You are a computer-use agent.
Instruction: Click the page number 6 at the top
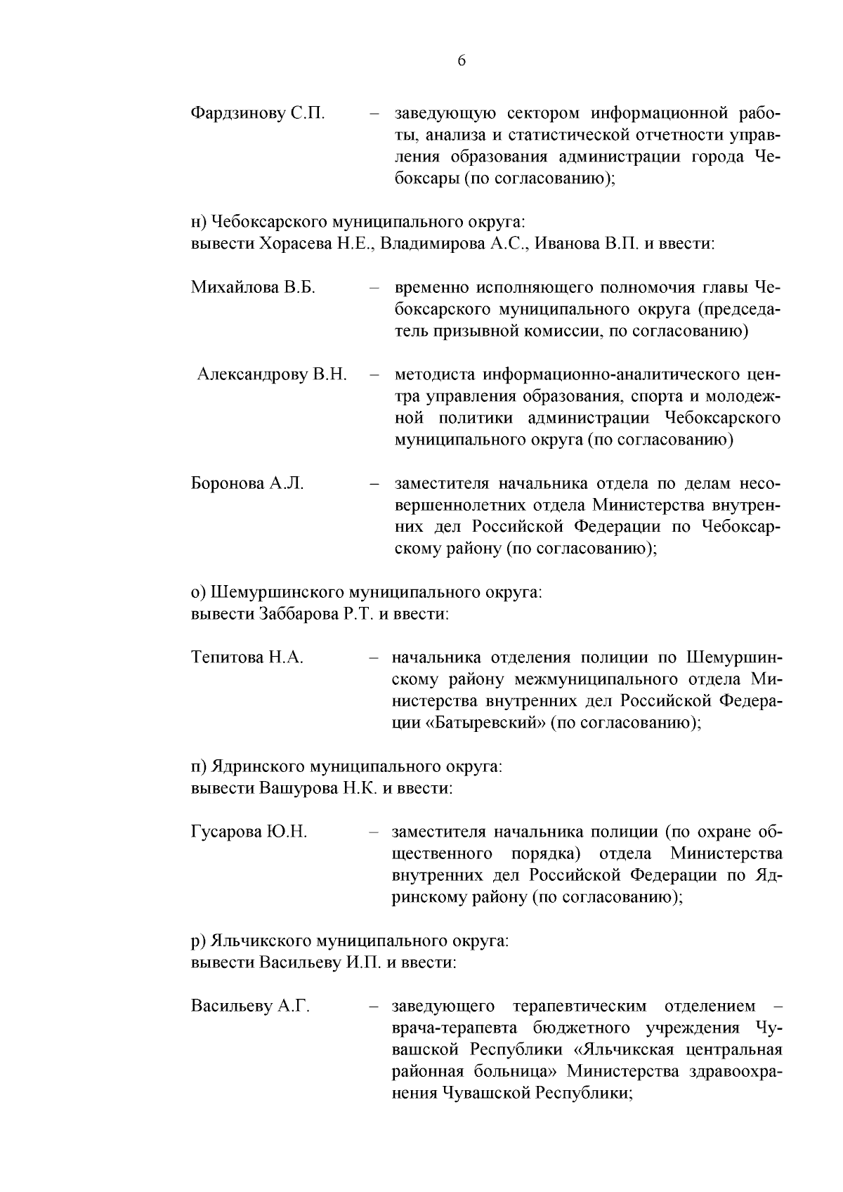[462, 60]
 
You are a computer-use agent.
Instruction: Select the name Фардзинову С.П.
[257, 113]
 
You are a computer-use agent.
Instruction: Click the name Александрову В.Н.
[272, 374]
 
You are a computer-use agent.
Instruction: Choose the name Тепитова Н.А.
[247, 657]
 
